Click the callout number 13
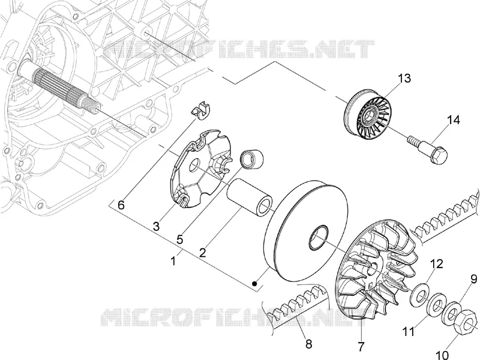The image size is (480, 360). [404, 78]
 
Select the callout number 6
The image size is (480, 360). [121, 205]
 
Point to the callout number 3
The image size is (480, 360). [156, 227]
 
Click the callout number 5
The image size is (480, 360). [179, 239]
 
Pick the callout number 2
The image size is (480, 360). [202, 253]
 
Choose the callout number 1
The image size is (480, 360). [173, 261]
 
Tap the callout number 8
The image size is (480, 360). [308, 344]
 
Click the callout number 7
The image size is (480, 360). [361, 347]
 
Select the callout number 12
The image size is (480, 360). [437, 263]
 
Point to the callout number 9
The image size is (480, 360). [473, 279]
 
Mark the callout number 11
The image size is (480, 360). [409, 331]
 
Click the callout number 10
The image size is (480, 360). [442, 355]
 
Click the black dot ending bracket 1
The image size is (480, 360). [254, 284]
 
